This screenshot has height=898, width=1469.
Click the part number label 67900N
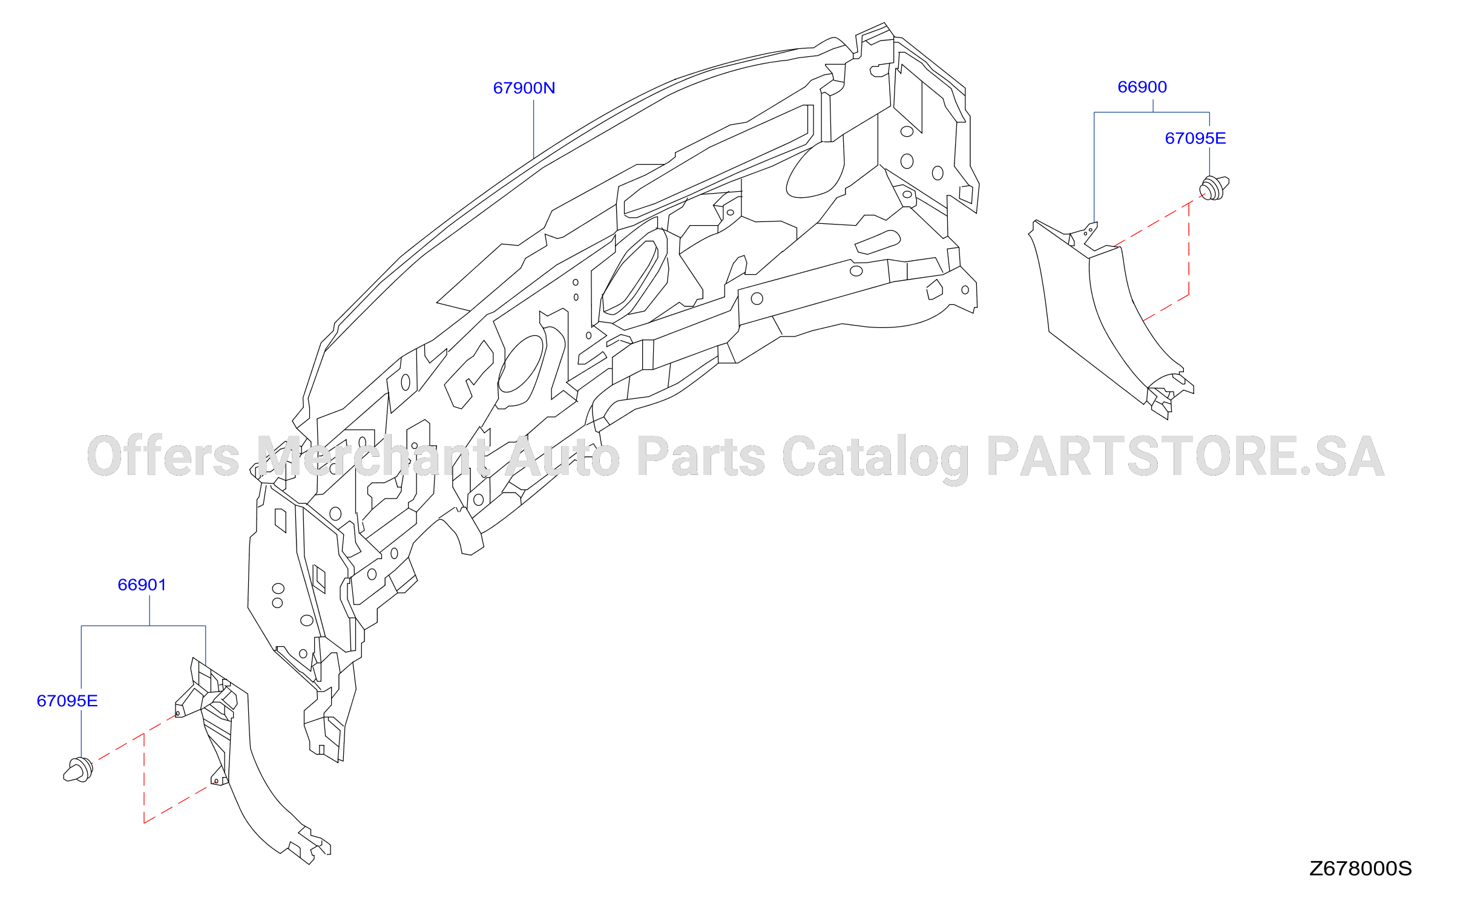point(524,88)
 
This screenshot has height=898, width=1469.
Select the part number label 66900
point(1142,87)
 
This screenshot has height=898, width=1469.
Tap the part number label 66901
point(142,585)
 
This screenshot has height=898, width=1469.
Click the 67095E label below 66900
point(1195,139)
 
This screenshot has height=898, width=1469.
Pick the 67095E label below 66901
point(67,701)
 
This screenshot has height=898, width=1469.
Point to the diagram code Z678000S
point(1360,869)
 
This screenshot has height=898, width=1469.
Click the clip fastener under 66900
point(1214,188)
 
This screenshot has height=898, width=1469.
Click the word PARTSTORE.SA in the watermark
point(1186,457)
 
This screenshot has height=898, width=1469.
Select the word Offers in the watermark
point(163,456)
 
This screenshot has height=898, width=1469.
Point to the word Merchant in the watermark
point(373,456)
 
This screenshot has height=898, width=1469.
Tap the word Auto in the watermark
point(562,457)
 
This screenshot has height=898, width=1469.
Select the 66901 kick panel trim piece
point(242,756)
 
